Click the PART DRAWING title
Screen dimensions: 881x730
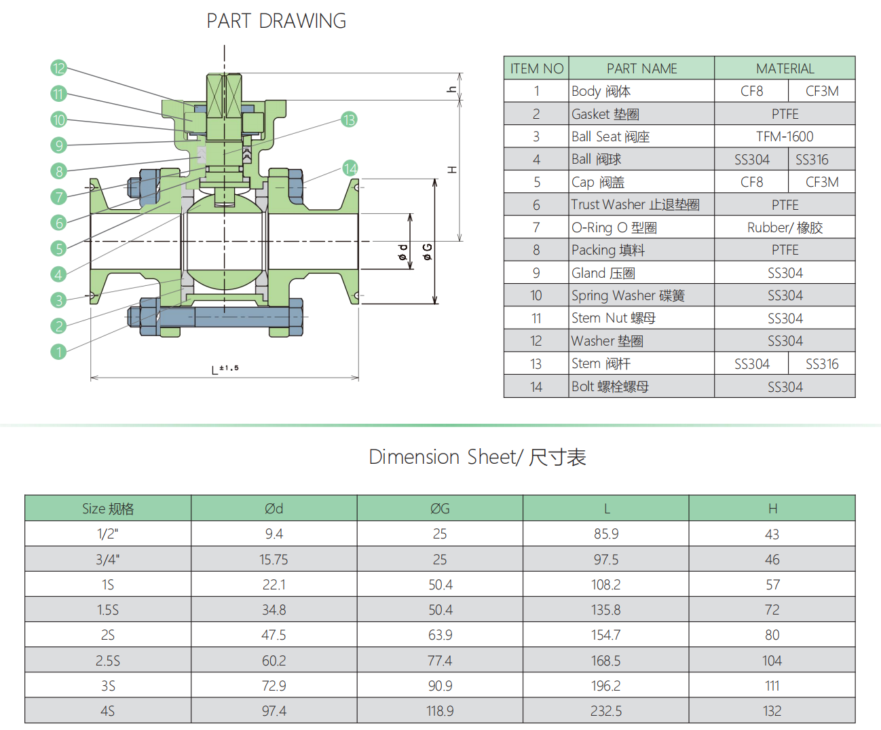(276, 20)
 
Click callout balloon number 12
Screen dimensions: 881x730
(58, 68)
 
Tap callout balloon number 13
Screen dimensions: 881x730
(349, 120)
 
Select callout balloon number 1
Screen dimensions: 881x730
(58, 352)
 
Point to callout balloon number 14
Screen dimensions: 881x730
(350, 168)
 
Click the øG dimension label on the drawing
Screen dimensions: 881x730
(427, 252)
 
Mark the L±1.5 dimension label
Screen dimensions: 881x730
(225, 369)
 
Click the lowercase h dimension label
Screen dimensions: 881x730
(452, 89)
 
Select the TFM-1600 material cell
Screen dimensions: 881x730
(785, 136)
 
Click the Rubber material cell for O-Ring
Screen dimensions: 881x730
(785, 227)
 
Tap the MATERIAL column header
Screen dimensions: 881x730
(785, 69)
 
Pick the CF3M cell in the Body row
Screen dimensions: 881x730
(822, 91)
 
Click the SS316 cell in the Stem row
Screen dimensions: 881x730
(822, 363)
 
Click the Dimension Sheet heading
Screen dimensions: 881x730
(477, 457)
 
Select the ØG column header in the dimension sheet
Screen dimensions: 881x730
(440, 509)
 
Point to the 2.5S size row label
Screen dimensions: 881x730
(108, 660)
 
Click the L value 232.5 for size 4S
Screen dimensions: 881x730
(606, 711)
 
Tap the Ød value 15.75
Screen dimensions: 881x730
(274, 560)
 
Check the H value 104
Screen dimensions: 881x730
(772, 660)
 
